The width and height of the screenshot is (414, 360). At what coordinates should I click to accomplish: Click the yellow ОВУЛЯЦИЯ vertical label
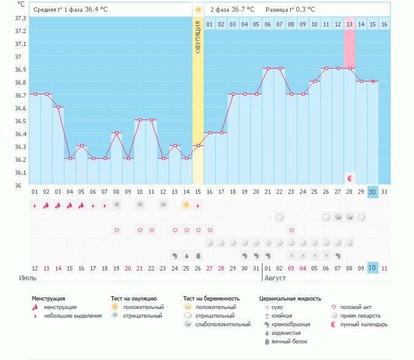click(198, 37)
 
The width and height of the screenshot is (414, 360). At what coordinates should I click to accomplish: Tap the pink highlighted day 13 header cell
click(350, 24)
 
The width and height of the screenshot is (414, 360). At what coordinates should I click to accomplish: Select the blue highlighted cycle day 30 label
click(372, 192)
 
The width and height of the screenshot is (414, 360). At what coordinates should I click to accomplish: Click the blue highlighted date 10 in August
click(372, 268)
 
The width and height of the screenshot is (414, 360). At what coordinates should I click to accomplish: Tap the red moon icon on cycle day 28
click(350, 178)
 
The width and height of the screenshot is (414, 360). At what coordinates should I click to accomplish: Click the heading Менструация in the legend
click(48, 299)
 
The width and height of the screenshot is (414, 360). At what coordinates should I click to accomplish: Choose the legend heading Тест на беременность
click(212, 299)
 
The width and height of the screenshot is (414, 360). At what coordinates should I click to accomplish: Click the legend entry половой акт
click(356, 307)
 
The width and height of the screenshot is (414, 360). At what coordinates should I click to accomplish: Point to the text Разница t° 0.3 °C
click(290, 10)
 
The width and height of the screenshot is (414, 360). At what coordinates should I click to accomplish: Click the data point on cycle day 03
click(58, 107)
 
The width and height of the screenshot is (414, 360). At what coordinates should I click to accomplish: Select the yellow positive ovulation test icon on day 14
click(186, 205)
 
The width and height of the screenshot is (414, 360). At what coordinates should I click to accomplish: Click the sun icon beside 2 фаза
click(198, 10)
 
